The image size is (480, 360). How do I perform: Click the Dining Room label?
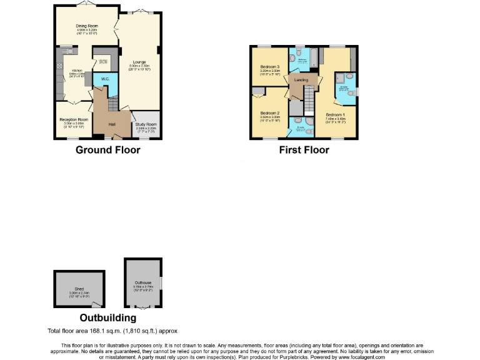pos(84,26)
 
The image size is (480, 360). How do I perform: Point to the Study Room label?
pos(146,124)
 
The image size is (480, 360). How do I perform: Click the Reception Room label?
pos(74,119)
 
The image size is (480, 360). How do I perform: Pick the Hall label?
pos(112,124)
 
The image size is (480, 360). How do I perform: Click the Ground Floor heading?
pos(106,150)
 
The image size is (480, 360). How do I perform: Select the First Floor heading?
pos(304,150)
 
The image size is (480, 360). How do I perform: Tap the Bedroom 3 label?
pos(270,66)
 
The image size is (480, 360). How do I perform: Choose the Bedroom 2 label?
pos(270,113)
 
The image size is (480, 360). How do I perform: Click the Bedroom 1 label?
pos(336,114)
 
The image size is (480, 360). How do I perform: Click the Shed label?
pos(75,289)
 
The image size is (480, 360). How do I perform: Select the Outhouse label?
pos(143,282)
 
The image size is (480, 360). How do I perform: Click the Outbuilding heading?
pos(107,318)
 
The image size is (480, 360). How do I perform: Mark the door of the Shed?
pos(96,304)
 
